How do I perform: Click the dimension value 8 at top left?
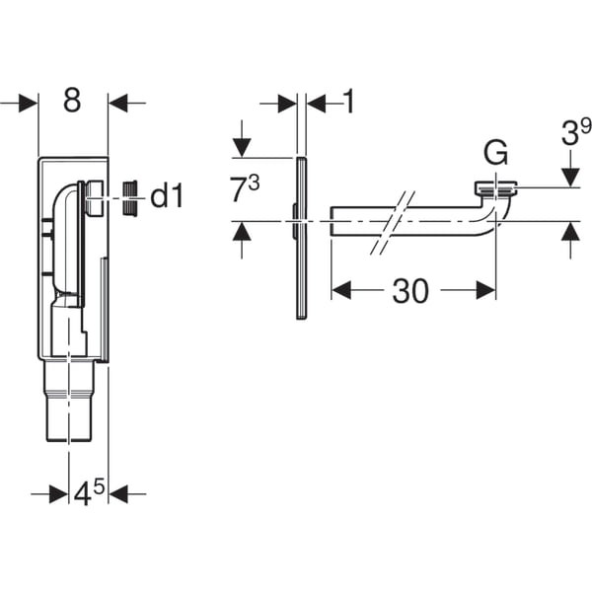point(72,102)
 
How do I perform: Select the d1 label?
point(167,197)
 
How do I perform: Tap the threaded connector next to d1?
point(128,197)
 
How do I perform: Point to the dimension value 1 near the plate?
point(347,102)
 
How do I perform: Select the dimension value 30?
point(410,290)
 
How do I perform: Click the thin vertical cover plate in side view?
point(301,237)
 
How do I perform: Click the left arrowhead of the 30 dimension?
point(339,290)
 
